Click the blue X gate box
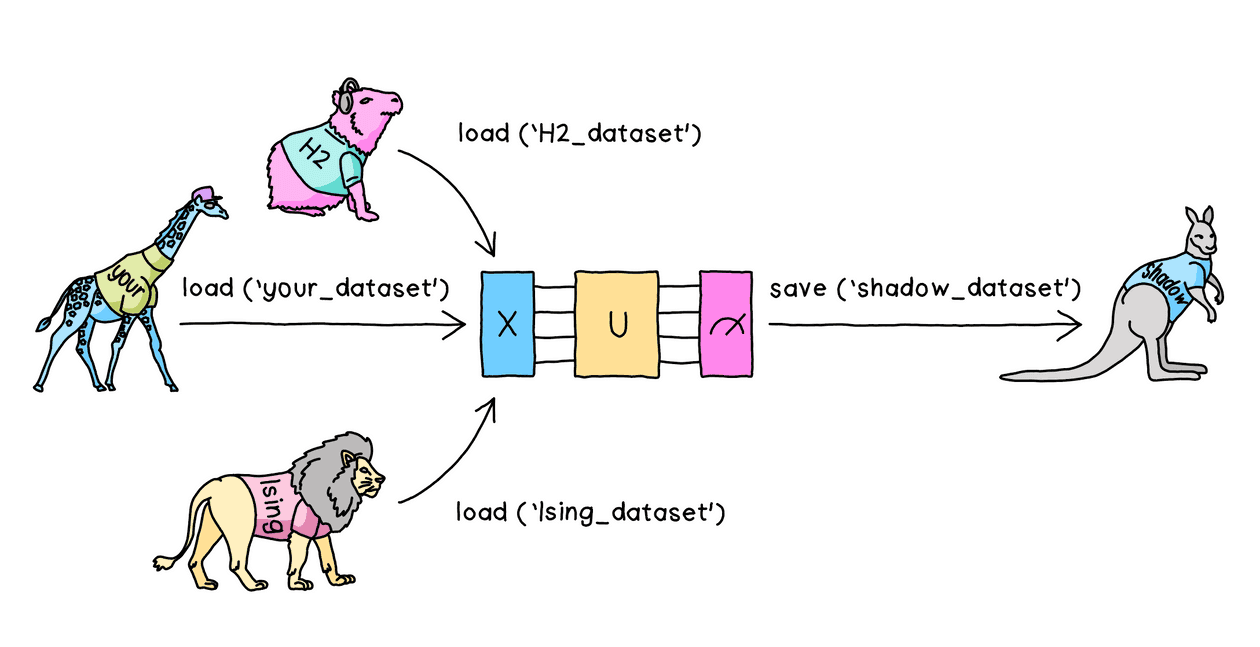pos(508,323)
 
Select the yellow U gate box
pos(616,323)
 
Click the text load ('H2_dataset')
pos(577,134)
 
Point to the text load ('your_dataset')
pos(313,290)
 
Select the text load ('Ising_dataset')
pos(589,513)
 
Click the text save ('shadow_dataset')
pos(925,290)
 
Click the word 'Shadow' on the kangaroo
pos(1166,281)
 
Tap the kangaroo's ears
pos(1199,217)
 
